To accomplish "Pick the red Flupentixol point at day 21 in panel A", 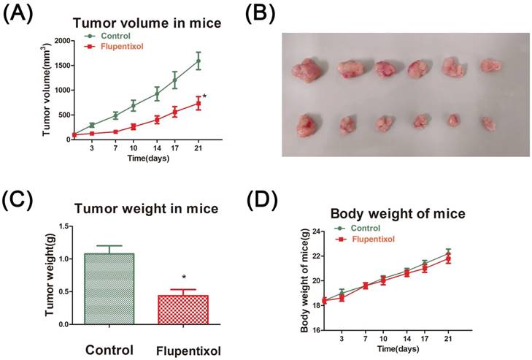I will tap(198, 104).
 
